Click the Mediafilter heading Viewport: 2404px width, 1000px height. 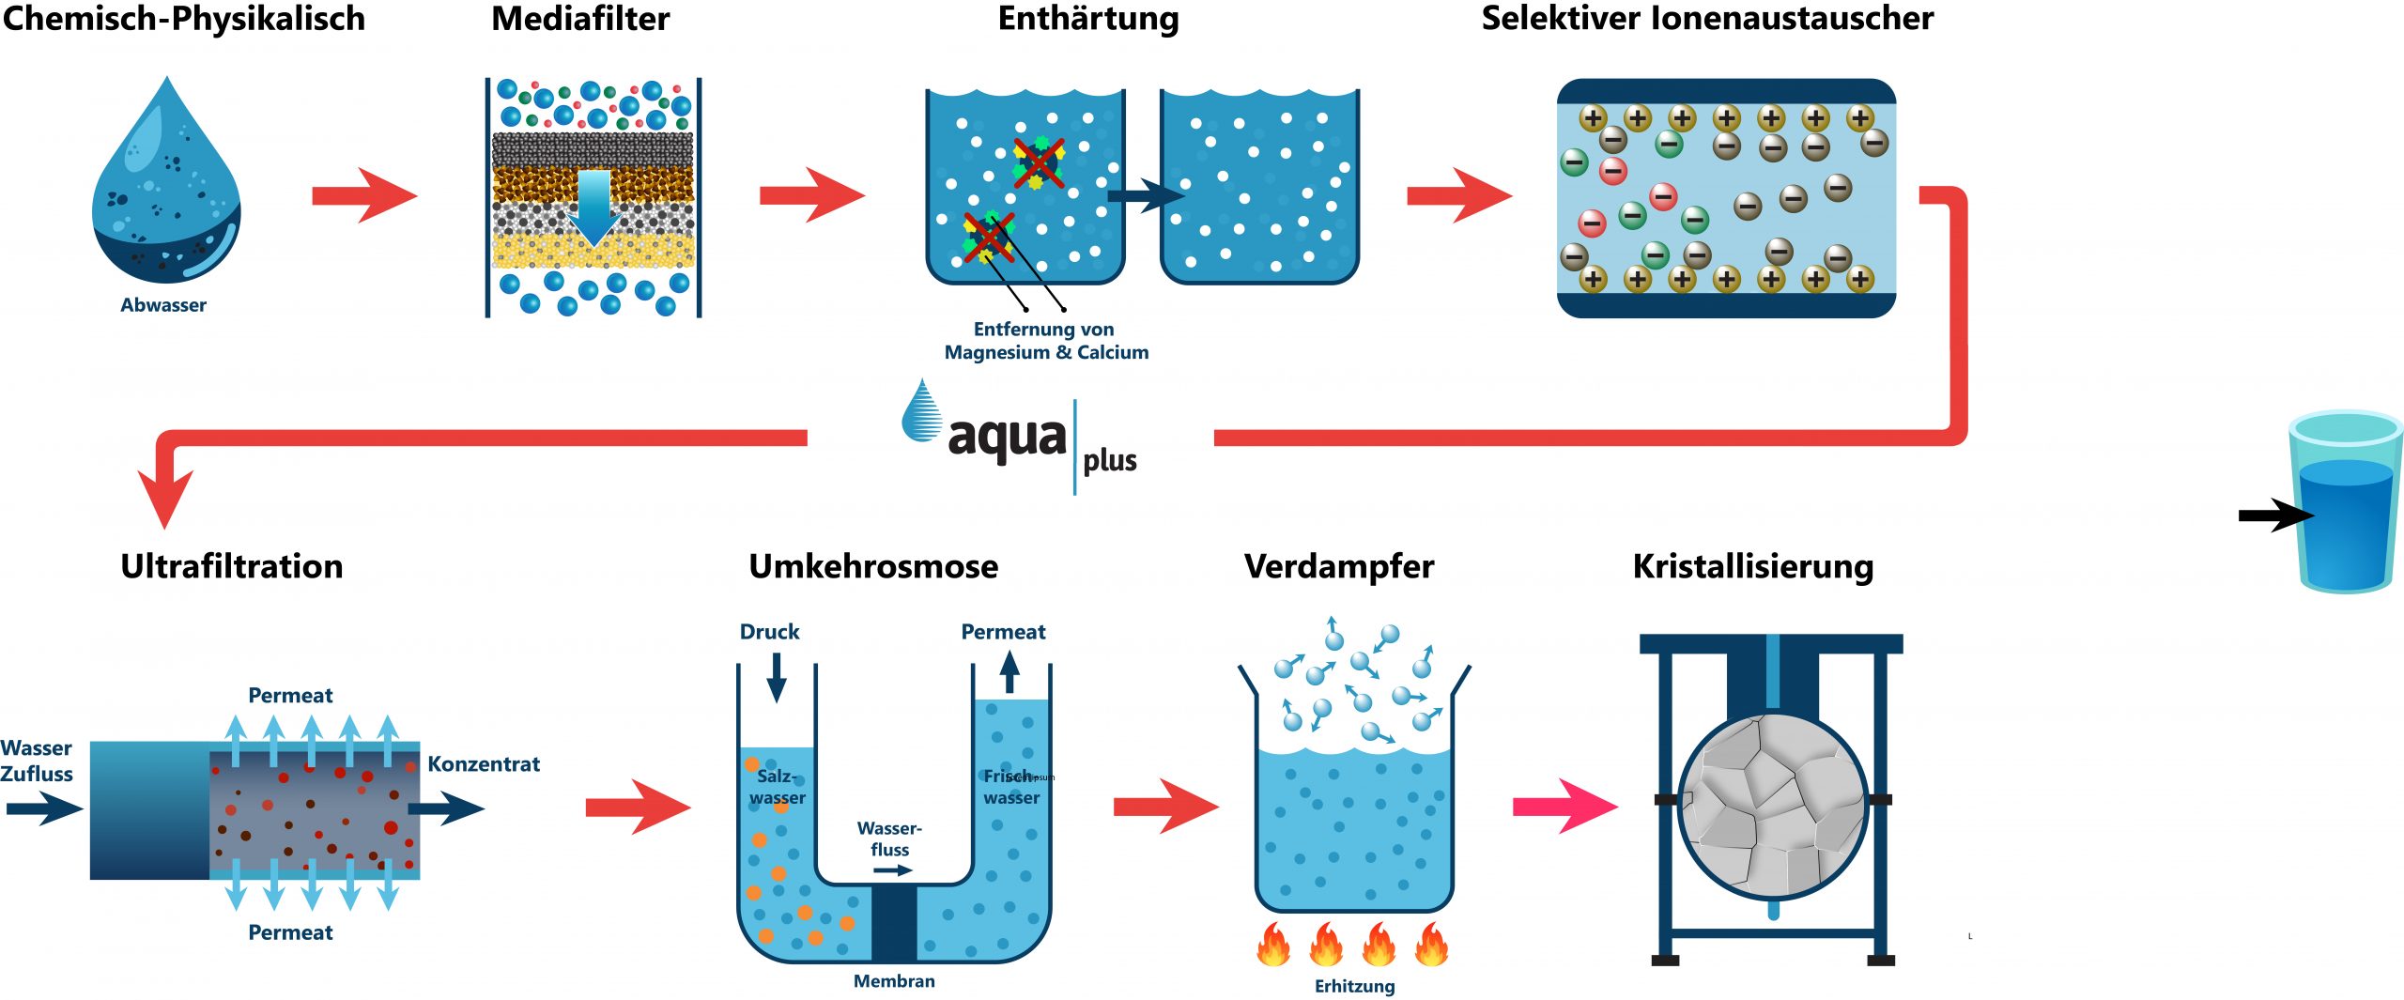click(x=580, y=19)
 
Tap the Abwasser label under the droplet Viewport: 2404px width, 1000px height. click(x=163, y=305)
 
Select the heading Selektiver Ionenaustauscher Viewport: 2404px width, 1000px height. click(x=1706, y=19)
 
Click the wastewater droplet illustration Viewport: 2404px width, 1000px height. click(x=166, y=188)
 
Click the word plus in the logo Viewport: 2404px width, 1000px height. click(x=1110, y=460)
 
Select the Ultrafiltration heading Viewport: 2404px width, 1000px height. click(x=232, y=566)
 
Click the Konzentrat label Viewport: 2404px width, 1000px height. click(x=484, y=764)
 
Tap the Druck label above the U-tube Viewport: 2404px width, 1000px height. click(x=769, y=632)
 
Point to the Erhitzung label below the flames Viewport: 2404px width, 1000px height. click(x=1354, y=986)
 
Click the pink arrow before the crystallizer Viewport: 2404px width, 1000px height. click(x=1564, y=806)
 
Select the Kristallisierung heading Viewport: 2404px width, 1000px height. click(x=1752, y=566)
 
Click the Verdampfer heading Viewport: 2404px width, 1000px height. click(x=1339, y=566)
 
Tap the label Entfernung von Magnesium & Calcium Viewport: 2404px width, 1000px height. click(x=1046, y=341)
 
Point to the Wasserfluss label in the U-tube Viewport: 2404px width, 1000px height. click(x=889, y=838)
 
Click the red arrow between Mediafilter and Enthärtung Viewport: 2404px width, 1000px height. click(x=810, y=195)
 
